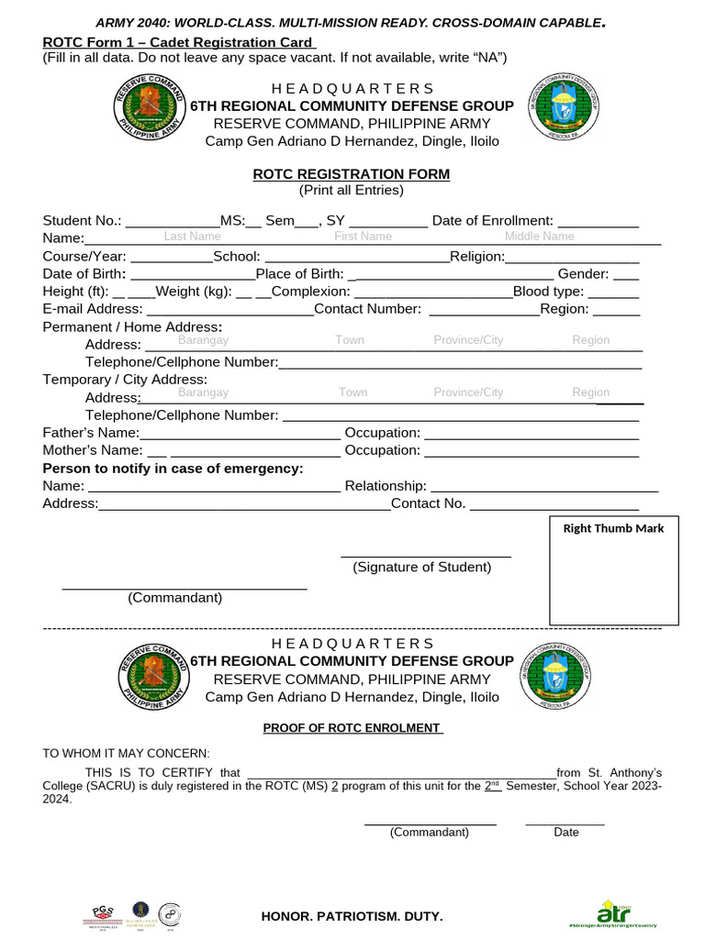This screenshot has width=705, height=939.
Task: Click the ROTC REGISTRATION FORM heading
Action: point(352,174)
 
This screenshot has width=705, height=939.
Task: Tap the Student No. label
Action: point(82,220)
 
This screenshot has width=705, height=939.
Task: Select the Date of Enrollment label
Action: point(492,220)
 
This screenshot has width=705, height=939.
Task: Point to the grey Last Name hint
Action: point(192,237)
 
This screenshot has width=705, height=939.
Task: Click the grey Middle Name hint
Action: point(539,237)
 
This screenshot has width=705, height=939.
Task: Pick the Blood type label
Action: point(548,292)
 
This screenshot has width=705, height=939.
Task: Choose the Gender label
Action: point(583,274)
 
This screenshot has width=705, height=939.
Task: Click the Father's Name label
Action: point(91,433)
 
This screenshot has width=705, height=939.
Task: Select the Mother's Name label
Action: point(93,450)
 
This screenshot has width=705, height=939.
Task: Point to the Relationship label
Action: point(385,486)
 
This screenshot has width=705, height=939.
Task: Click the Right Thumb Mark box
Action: point(613,570)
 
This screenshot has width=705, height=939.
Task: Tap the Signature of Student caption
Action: point(422,568)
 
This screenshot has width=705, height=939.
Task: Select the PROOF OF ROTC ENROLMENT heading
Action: point(352,728)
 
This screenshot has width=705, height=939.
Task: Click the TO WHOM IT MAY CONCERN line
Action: point(126,753)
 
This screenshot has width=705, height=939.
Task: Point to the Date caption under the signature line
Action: point(566,833)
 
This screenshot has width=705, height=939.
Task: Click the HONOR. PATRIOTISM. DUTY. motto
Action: point(352,916)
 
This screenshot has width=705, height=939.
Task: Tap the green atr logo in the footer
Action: point(613,911)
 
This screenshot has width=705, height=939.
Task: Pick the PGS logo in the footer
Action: point(103,913)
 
